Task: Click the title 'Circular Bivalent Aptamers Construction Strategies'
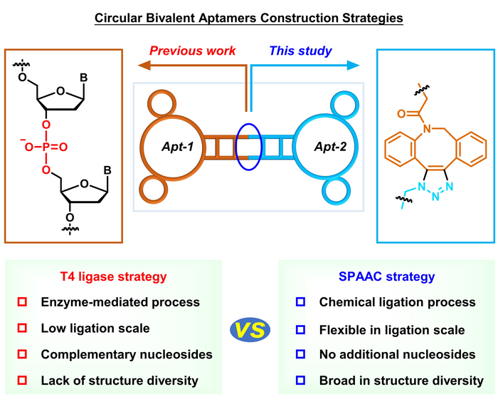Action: [249, 15]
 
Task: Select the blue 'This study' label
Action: [300, 52]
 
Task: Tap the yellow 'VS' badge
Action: [249, 330]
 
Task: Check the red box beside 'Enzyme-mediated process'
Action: [22, 303]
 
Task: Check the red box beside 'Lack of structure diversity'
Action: [22, 380]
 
